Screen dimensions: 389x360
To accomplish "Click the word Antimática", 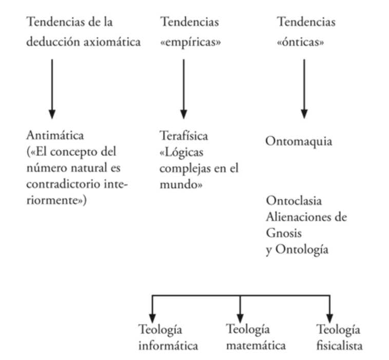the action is pos(55,136).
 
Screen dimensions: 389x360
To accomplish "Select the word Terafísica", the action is pos(184,136).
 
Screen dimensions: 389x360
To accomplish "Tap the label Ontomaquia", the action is pos(299,142).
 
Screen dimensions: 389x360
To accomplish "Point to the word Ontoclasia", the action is pos(294,201).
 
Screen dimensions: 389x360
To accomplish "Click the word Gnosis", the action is pos(284,233).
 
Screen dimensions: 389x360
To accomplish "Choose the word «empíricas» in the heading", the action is pos(190,42).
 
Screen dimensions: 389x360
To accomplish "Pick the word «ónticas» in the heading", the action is pos(300,42).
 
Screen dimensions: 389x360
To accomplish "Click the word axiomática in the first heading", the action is pos(112,42).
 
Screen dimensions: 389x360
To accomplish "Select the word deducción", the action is pos(53,42).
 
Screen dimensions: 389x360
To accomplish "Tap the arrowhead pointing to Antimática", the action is pos(52,114).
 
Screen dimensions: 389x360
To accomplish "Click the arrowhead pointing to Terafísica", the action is pos(184,114).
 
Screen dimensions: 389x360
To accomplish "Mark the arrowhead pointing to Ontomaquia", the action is pos(304,114).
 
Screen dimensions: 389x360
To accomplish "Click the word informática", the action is pos(168,346).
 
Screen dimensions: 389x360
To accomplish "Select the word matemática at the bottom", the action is pos(256,346).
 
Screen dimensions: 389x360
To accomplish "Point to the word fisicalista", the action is pos(339,346).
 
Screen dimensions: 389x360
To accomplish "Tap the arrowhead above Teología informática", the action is pos(152,318).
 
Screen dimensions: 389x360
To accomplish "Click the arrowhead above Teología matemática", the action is pos(240,318).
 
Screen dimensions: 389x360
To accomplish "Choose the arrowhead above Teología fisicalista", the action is pos(329,318).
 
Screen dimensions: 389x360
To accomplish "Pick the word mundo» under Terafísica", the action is pos(181,184).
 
